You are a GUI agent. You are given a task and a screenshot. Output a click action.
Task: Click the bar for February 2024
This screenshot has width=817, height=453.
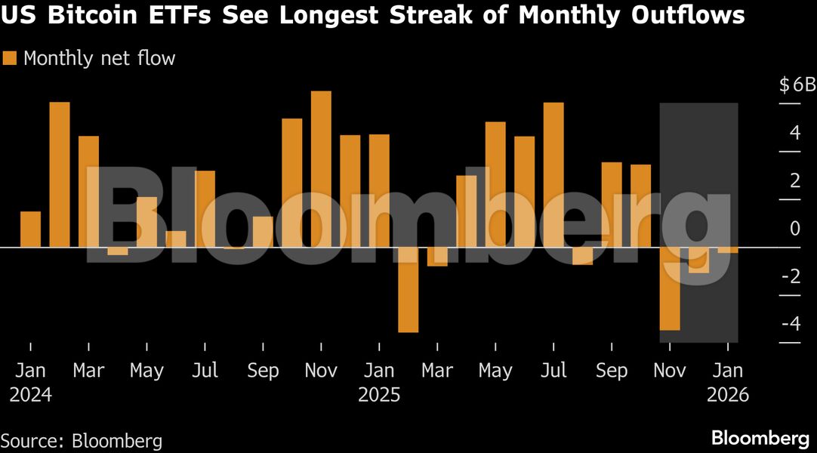pyautogui.click(x=60, y=174)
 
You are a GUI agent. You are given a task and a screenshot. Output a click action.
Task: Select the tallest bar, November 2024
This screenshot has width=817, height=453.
pyautogui.click(x=321, y=169)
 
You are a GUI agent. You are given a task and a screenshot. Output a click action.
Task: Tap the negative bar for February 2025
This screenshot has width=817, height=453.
pyautogui.click(x=408, y=289)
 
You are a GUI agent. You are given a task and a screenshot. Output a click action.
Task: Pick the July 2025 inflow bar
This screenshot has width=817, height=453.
pyautogui.click(x=553, y=174)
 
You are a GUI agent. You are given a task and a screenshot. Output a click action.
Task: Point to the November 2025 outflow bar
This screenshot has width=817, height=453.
pyautogui.click(x=670, y=288)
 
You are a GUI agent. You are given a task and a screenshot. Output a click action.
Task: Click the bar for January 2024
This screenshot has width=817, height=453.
pyautogui.click(x=31, y=229)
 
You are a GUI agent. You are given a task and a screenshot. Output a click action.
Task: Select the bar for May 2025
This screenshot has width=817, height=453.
pyautogui.click(x=495, y=184)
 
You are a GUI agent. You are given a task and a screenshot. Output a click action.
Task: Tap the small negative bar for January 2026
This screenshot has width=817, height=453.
pyautogui.click(x=728, y=250)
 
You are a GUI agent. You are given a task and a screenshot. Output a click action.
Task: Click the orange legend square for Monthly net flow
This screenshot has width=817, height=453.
pyautogui.click(x=10, y=58)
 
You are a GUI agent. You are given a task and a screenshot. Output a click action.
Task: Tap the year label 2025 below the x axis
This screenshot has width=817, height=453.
pyautogui.click(x=379, y=395)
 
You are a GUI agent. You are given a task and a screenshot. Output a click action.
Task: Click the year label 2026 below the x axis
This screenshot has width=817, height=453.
pyautogui.click(x=728, y=395)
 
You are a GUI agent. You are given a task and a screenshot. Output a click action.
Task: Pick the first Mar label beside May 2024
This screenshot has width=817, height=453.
pyautogui.click(x=89, y=371)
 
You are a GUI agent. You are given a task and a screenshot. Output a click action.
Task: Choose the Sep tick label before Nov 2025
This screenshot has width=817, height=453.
pyautogui.click(x=612, y=371)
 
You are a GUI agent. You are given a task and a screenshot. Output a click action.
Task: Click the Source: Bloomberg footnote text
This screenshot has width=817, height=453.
pyautogui.click(x=81, y=440)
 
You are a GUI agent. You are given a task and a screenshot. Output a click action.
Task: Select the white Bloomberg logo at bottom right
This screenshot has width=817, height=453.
pyautogui.click(x=760, y=438)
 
